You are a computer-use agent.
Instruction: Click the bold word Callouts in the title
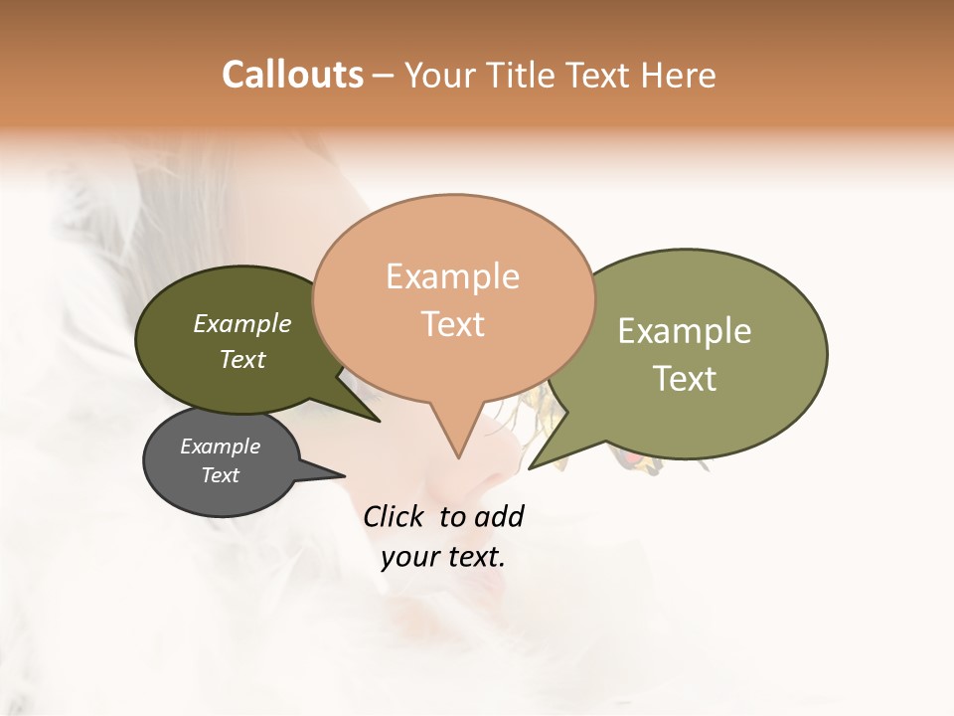(x=292, y=75)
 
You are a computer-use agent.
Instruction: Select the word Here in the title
(x=681, y=75)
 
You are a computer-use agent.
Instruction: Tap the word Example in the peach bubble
(x=452, y=276)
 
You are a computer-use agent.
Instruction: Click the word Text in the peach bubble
(x=452, y=323)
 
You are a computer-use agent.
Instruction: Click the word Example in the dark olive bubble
(x=242, y=324)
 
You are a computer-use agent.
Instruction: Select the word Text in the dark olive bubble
(x=242, y=359)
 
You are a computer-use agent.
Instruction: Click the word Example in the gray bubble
(x=220, y=447)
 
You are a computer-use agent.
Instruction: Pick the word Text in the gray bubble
(x=220, y=475)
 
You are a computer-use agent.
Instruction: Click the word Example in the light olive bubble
(x=685, y=331)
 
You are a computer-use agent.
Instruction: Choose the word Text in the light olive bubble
(x=685, y=378)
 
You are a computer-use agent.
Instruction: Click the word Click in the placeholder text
(x=393, y=516)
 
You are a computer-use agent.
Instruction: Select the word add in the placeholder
(x=499, y=516)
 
